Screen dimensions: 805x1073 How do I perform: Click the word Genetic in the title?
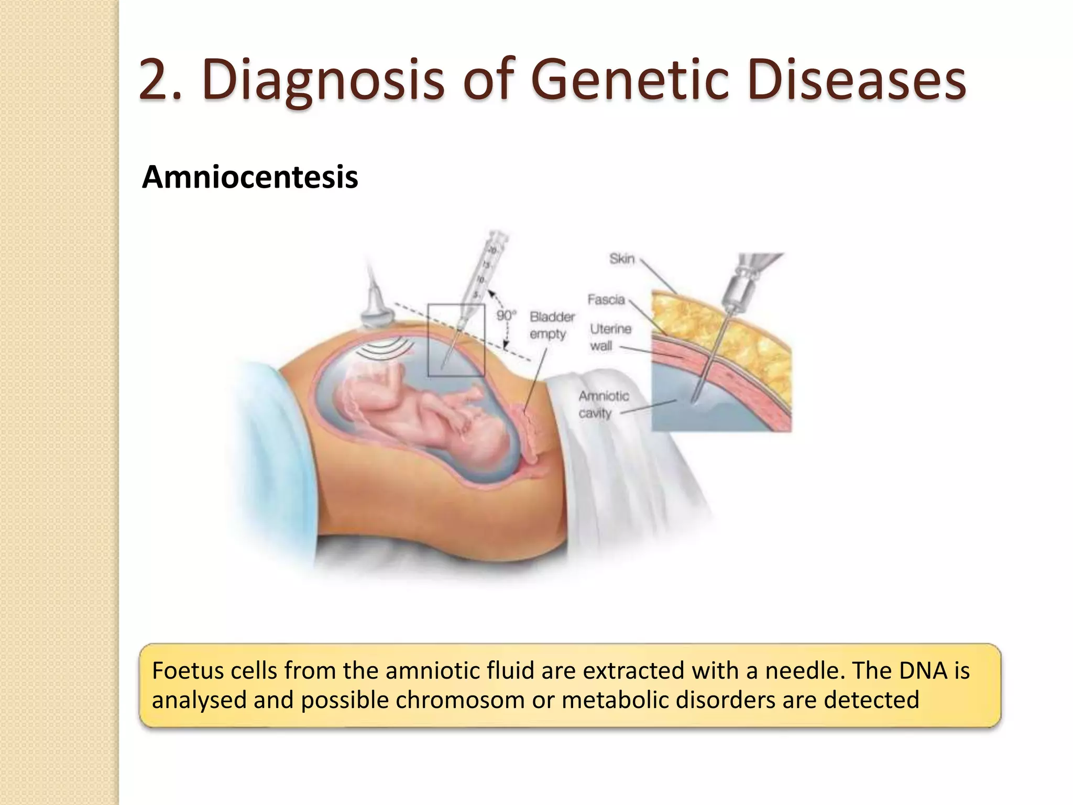pos(629,80)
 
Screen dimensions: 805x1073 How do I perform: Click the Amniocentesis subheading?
pos(250,177)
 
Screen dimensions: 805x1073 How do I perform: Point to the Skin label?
pos(622,258)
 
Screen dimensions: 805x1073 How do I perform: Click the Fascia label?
pos(606,299)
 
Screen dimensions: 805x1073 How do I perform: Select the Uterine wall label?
pos(609,337)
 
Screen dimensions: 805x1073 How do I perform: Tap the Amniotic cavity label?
pos(603,404)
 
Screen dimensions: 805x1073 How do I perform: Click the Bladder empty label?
pos(551,325)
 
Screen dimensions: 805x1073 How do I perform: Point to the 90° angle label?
pos(506,316)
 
